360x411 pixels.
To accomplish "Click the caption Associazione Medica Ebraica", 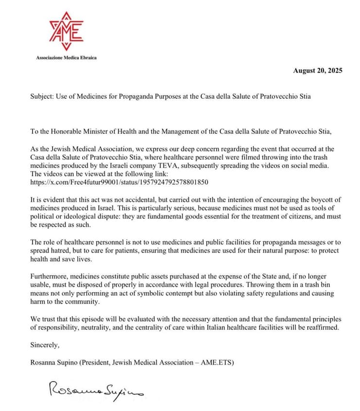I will pos(66,58).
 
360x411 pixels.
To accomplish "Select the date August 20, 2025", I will pos(318,71).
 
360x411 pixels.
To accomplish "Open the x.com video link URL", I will pos(119,182).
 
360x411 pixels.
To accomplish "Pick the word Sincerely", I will pos(45,345).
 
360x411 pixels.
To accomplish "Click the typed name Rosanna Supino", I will pos(55,362).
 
